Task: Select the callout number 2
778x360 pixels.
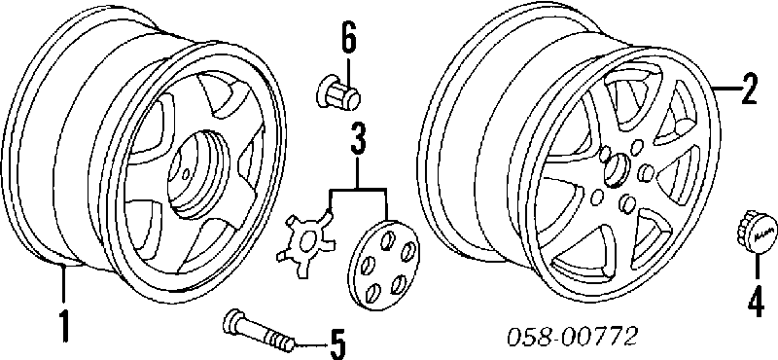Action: tap(748, 88)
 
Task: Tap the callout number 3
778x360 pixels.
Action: tap(358, 140)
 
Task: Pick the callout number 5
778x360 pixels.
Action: tap(336, 343)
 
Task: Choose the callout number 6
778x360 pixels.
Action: tap(348, 37)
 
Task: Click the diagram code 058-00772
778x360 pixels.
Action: tap(571, 339)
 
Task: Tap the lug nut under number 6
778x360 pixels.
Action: tap(337, 92)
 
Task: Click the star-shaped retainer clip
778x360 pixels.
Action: tap(305, 236)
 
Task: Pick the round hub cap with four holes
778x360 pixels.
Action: tap(383, 266)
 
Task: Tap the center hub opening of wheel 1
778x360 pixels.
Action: tap(194, 173)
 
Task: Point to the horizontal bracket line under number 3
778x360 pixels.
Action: tap(358, 189)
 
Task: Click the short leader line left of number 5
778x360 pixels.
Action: tap(309, 343)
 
